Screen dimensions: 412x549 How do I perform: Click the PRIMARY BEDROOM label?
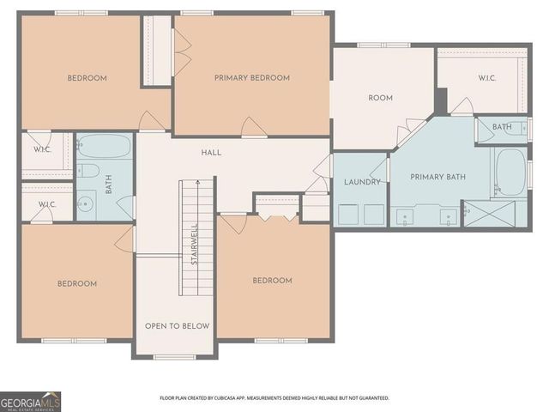(251, 78)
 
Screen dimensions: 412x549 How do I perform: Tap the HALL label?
(211, 153)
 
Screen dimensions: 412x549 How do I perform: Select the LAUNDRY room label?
(362, 183)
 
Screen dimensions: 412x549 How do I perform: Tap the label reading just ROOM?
(380, 98)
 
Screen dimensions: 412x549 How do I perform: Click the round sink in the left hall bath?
(86, 204)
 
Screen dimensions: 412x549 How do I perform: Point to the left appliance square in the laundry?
(349, 215)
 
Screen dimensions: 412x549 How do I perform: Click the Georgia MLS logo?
(31, 401)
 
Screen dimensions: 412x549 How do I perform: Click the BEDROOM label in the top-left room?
(87, 78)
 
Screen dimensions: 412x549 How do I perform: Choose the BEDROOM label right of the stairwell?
(272, 281)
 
